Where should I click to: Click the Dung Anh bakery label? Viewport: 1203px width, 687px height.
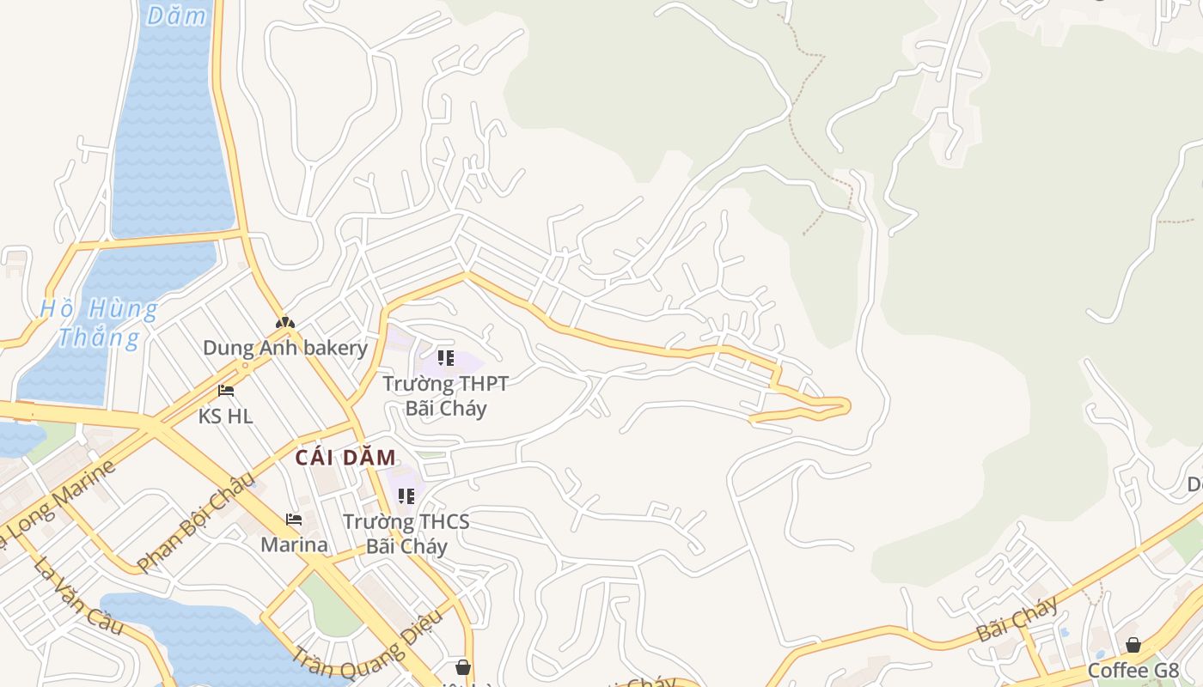pyautogui.click(x=284, y=348)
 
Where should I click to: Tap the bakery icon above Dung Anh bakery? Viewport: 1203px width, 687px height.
pyautogui.click(x=284, y=323)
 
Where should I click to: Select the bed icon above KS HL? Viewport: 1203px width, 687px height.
pyautogui.click(x=226, y=391)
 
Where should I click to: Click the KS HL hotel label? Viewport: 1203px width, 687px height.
pyautogui.click(x=225, y=416)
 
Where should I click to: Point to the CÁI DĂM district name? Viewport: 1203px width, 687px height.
pyautogui.click(x=345, y=458)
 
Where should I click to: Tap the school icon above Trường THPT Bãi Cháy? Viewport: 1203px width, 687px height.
pyautogui.click(x=445, y=357)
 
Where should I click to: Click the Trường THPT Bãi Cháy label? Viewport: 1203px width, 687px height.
pyautogui.click(x=445, y=395)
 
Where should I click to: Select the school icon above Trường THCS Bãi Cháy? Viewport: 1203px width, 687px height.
pyautogui.click(x=406, y=495)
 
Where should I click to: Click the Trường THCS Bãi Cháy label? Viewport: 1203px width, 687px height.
pyautogui.click(x=406, y=533)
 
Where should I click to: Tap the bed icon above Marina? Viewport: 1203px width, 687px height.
pyautogui.click(x=294, y=520)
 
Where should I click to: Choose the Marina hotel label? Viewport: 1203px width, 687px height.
pyautogui.click(x=294, y=544)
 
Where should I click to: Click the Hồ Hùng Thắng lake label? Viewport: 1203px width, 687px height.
pyautogui.click(x=99, y=322)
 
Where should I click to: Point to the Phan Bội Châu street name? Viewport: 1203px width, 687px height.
pyautogui.click(x=196, y=521)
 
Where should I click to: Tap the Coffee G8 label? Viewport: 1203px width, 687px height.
pyautogui.click(x=1133, y=670)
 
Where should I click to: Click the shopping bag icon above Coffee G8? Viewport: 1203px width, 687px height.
pyautogui.click(x=1133, y=645)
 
